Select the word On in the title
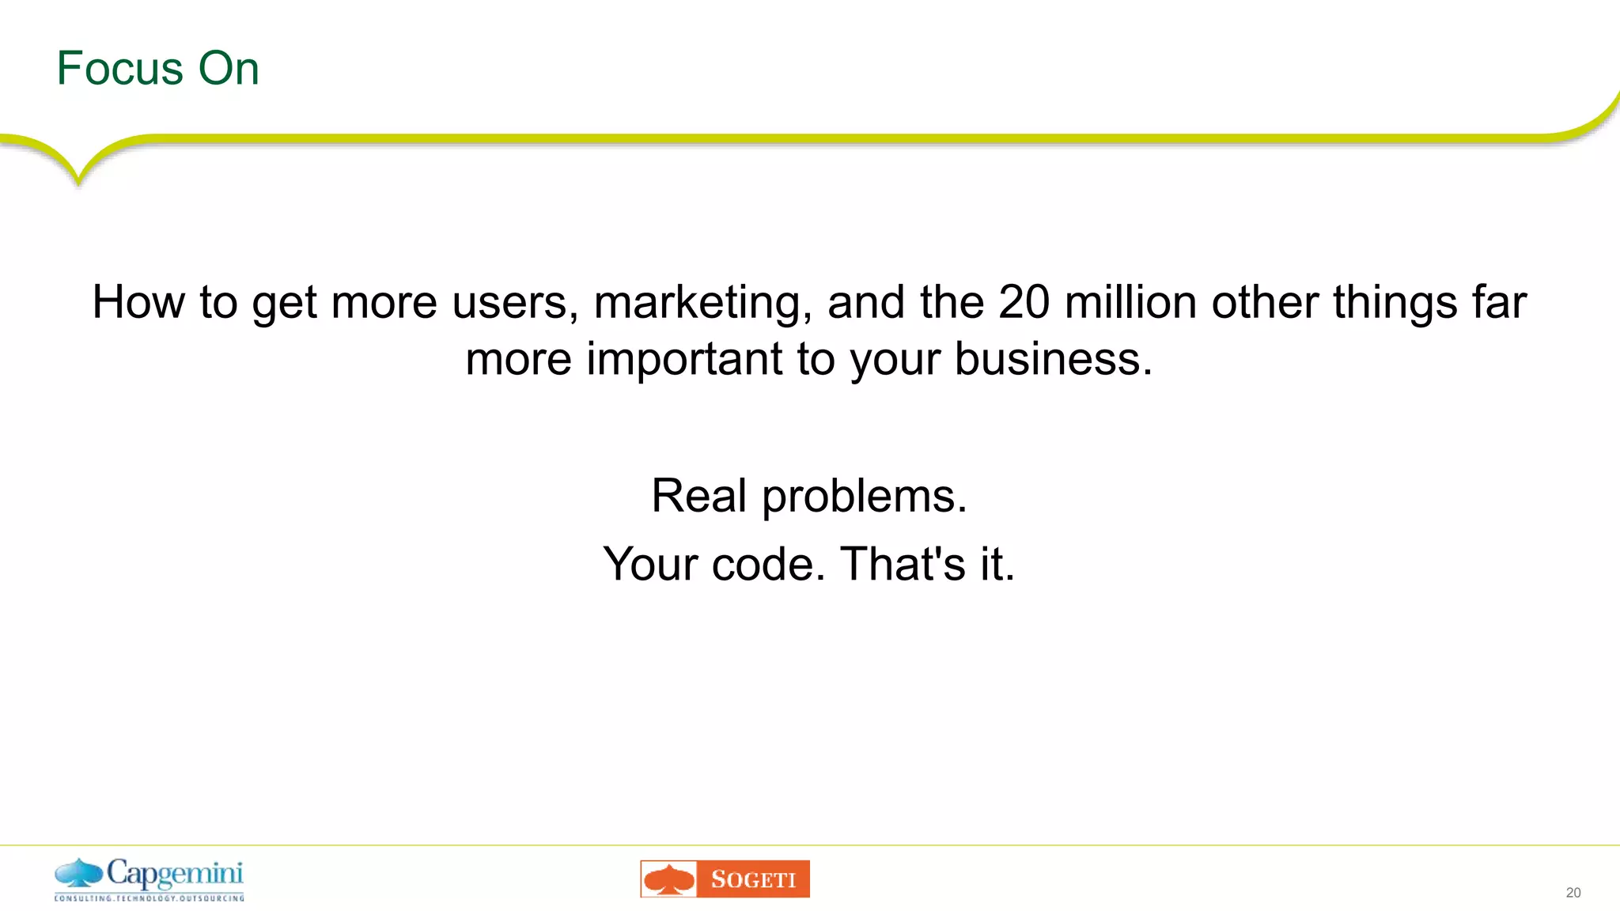pos(228,69)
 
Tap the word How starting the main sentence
pos(138,302)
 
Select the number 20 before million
pos(1024,302)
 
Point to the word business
pos(1053,359)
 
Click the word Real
pos(698,496)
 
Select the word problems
pos(864,497)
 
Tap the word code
pos(768,565)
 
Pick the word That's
pos(903,564)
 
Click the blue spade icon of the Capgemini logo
pos(78,874)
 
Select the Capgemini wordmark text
pos(175,874)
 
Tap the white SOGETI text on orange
pos(752,879)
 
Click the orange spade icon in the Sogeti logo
pos(669,879)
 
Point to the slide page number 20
pos(1573,893)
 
